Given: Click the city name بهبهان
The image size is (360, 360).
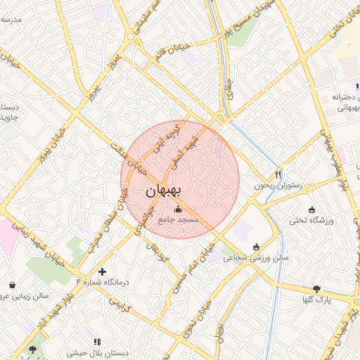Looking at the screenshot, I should (x=163, y=191).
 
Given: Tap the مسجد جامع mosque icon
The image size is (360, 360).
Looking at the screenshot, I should (x=178, y=209).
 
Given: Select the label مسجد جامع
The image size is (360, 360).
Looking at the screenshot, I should (x=179, y=220).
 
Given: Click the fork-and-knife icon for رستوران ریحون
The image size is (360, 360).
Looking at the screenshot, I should (x=278, y=174).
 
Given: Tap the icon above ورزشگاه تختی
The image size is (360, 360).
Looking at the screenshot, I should (x=312, y=210).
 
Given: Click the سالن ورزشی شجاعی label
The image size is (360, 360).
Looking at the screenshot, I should (x=255, y=258).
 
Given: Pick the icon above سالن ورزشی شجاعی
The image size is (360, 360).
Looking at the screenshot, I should (x=255, y=247).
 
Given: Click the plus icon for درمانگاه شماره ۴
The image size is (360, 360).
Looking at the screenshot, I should (x=103, y=271).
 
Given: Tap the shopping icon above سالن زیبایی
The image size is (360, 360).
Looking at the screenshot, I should (x=13, y=285).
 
